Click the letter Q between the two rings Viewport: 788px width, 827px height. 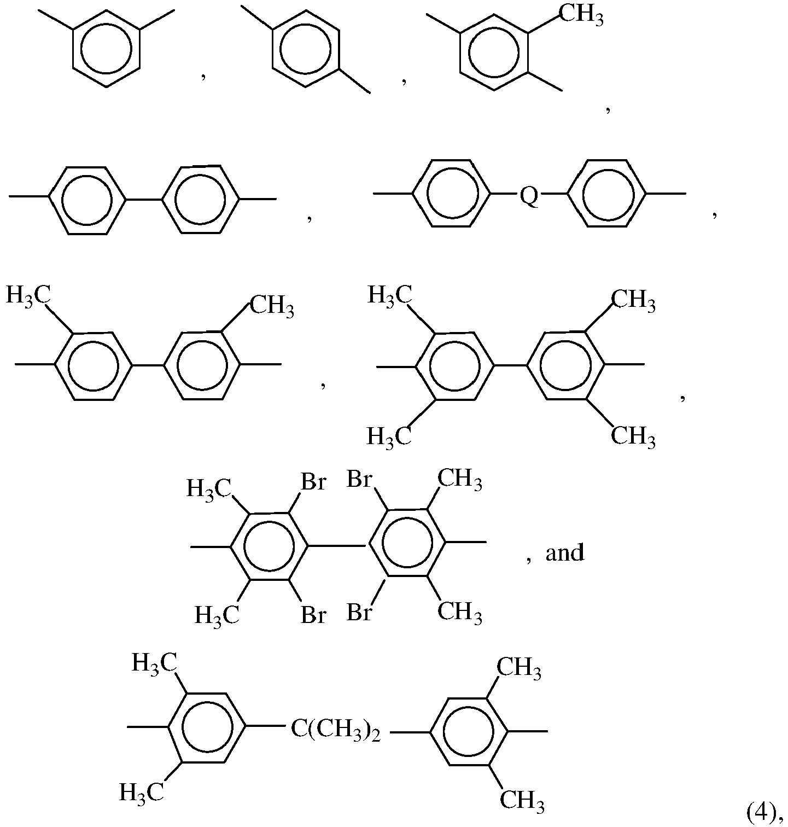click(x=528, y=195)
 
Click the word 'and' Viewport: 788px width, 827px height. click(x=565, y=553)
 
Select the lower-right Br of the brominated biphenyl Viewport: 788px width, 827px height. click(x=360, y=613)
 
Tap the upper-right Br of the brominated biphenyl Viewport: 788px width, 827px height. click(x=360, y=480)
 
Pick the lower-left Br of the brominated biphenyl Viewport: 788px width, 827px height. click(x=314, y=615)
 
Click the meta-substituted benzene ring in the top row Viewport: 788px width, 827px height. click(x=107, y=48)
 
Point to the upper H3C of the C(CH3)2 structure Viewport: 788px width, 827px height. click(x=154, y=663)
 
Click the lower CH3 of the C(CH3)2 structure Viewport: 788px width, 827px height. click(x=522, y=801)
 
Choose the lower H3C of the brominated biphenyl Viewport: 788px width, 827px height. click(x=217, y=615)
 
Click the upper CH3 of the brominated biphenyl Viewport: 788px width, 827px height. click(x=460, y=480)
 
